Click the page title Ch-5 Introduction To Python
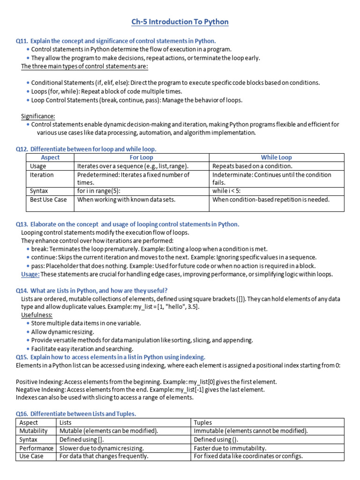pos(180,22)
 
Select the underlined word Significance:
pos(38,116)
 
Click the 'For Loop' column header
pos(141,157)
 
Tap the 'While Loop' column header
pos(276,157)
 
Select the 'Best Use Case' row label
pos(48,199)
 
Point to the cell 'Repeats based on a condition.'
pos(252,166)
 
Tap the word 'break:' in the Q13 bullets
pos(40,249)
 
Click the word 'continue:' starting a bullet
pos(45,257)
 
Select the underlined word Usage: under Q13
pos(30,274)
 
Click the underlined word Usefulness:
pos(37,315)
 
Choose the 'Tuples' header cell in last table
pos(203,422)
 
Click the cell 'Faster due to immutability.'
pos(230,448)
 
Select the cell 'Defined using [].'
pos(82,439)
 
